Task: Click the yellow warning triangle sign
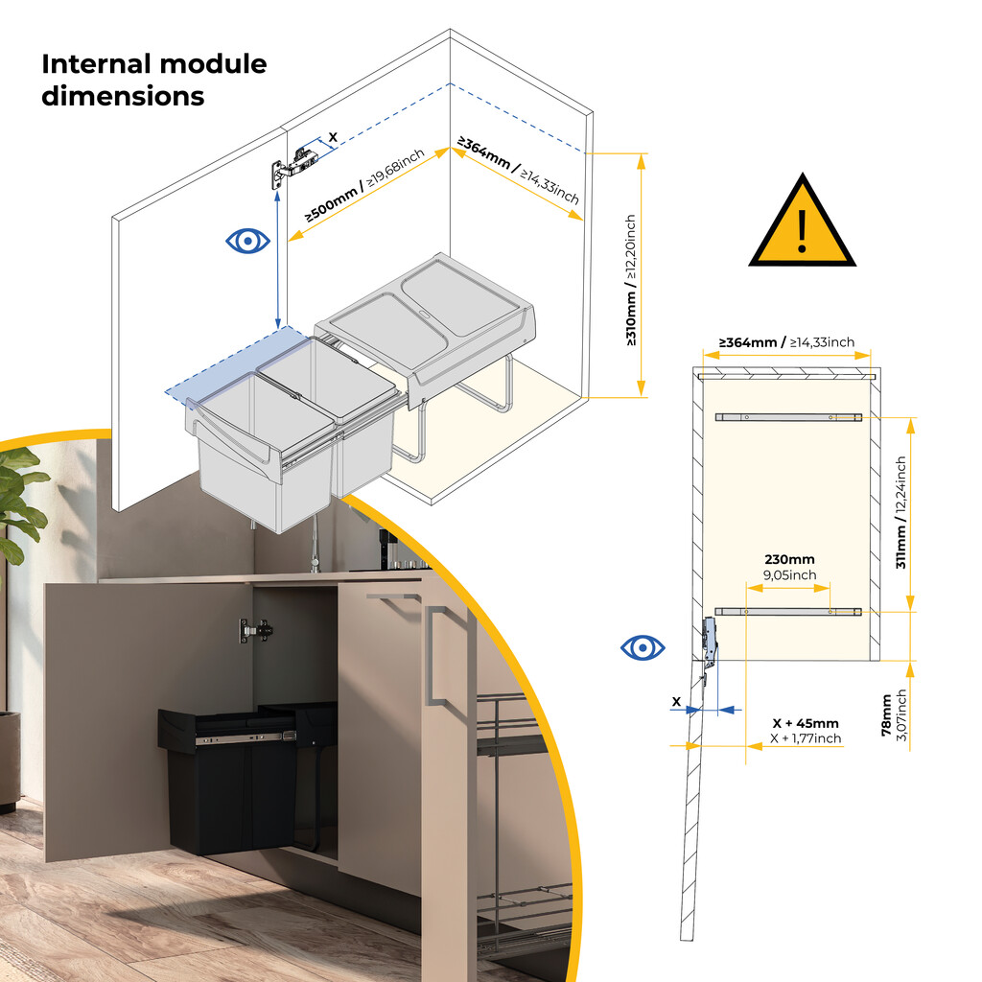[x=802, y=225]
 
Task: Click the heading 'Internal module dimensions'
[x=153, y=81]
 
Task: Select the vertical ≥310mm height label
[x=631, y=279]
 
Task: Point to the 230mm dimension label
[x=789, y=560]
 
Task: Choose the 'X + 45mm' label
[x=807, y=723]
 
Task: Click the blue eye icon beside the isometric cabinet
[x=247, y=240]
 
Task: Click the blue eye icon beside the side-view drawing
[x=643, y=648]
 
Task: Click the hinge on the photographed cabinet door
[x=256, y=630]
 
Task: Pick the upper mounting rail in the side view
[x=788, y=417]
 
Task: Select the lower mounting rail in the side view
[x=788, y=611]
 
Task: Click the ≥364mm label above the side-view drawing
[x=786, y=342]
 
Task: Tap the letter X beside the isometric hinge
[x=333, y=138]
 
